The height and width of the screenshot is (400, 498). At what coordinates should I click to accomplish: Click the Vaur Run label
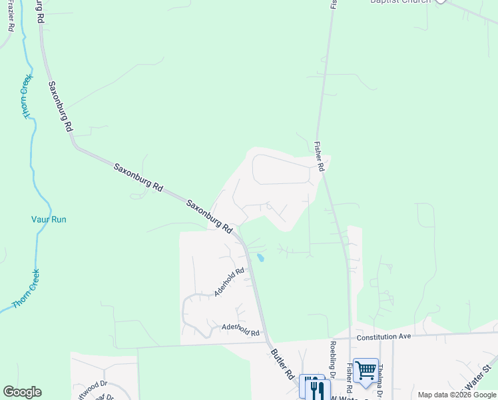coord(49,219)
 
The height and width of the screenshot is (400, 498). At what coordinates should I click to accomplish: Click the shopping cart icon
coord(366,370)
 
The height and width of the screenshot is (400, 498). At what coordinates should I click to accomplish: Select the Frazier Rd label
coord(11,16)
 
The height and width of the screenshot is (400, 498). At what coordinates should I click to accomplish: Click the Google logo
coord(22,392)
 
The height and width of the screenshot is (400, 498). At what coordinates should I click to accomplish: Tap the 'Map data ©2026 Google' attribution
coord(457,395)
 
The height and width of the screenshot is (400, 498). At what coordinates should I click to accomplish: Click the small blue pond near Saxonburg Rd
coord(260,257)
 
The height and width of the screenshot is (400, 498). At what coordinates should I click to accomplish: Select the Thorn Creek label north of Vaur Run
coord(27,97)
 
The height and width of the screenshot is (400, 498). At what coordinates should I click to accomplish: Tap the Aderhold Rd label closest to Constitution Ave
coord(239,329)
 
